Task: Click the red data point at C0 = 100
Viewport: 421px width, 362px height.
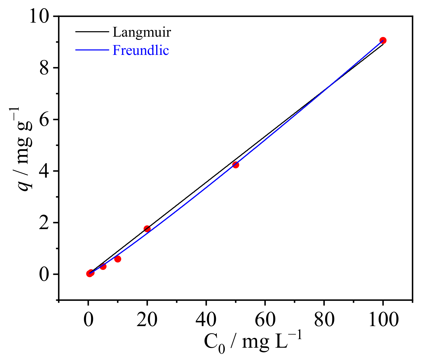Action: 383,40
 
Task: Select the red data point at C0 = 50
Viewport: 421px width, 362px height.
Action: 235,165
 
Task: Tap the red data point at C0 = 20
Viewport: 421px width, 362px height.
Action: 147,229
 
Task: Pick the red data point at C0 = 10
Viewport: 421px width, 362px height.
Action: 117,259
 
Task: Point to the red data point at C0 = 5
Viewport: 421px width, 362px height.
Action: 103,266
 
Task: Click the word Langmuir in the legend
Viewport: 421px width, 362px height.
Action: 142,32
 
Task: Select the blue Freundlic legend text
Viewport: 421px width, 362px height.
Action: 141,50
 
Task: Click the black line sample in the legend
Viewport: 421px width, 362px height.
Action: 92,32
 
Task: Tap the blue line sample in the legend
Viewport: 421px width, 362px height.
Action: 92,50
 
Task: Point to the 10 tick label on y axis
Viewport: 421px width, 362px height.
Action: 39,16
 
